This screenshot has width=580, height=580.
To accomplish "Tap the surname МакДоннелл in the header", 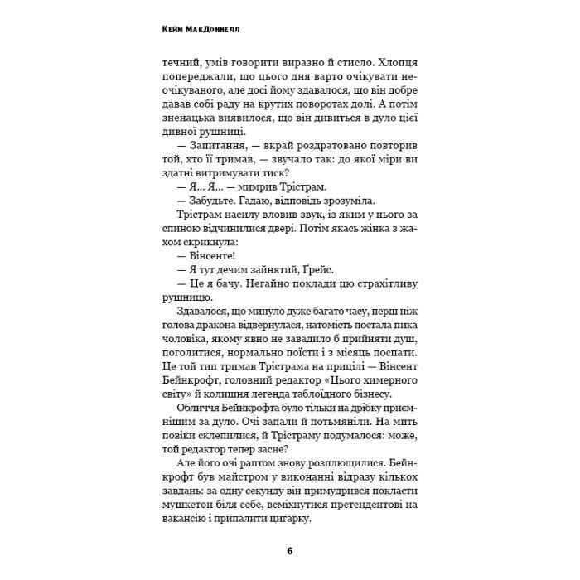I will tap(216, 29).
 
